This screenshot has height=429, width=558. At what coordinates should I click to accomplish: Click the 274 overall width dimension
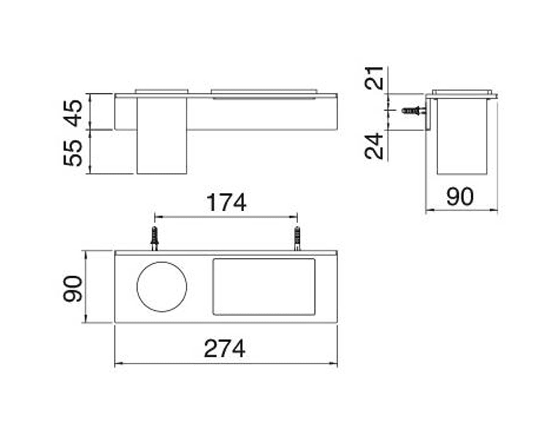click(225, 349)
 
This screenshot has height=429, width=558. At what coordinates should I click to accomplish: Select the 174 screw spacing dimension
click(226, 203)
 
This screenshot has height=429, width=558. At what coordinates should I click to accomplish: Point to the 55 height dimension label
click(73, 153)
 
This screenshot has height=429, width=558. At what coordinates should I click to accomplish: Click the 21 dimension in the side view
click(374, 78)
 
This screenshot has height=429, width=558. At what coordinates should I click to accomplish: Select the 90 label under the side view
click(460, 197)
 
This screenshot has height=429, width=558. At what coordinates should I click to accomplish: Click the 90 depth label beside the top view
click(73, 288)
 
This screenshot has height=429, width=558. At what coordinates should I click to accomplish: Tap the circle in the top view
click(162, 262)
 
